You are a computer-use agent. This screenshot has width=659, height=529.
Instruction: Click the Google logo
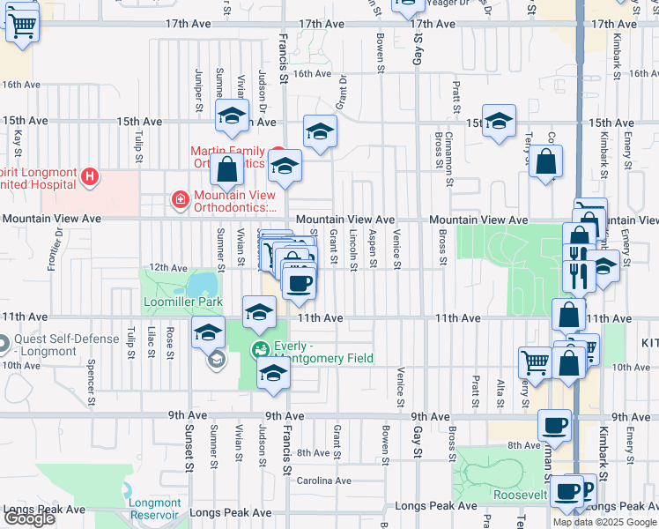[29, 518]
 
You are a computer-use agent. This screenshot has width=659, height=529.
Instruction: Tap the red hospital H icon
[89, 177]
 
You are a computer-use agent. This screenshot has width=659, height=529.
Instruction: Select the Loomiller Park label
[182, 302]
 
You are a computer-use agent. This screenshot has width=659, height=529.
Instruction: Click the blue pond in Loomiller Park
[202, 284]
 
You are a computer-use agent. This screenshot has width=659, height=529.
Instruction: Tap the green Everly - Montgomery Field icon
[261, 350]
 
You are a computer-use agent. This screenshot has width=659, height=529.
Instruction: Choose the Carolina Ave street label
[323, 481]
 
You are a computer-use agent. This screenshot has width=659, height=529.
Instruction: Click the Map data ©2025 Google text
[603, 522]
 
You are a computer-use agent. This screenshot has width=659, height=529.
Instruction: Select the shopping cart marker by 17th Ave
[22, 26]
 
